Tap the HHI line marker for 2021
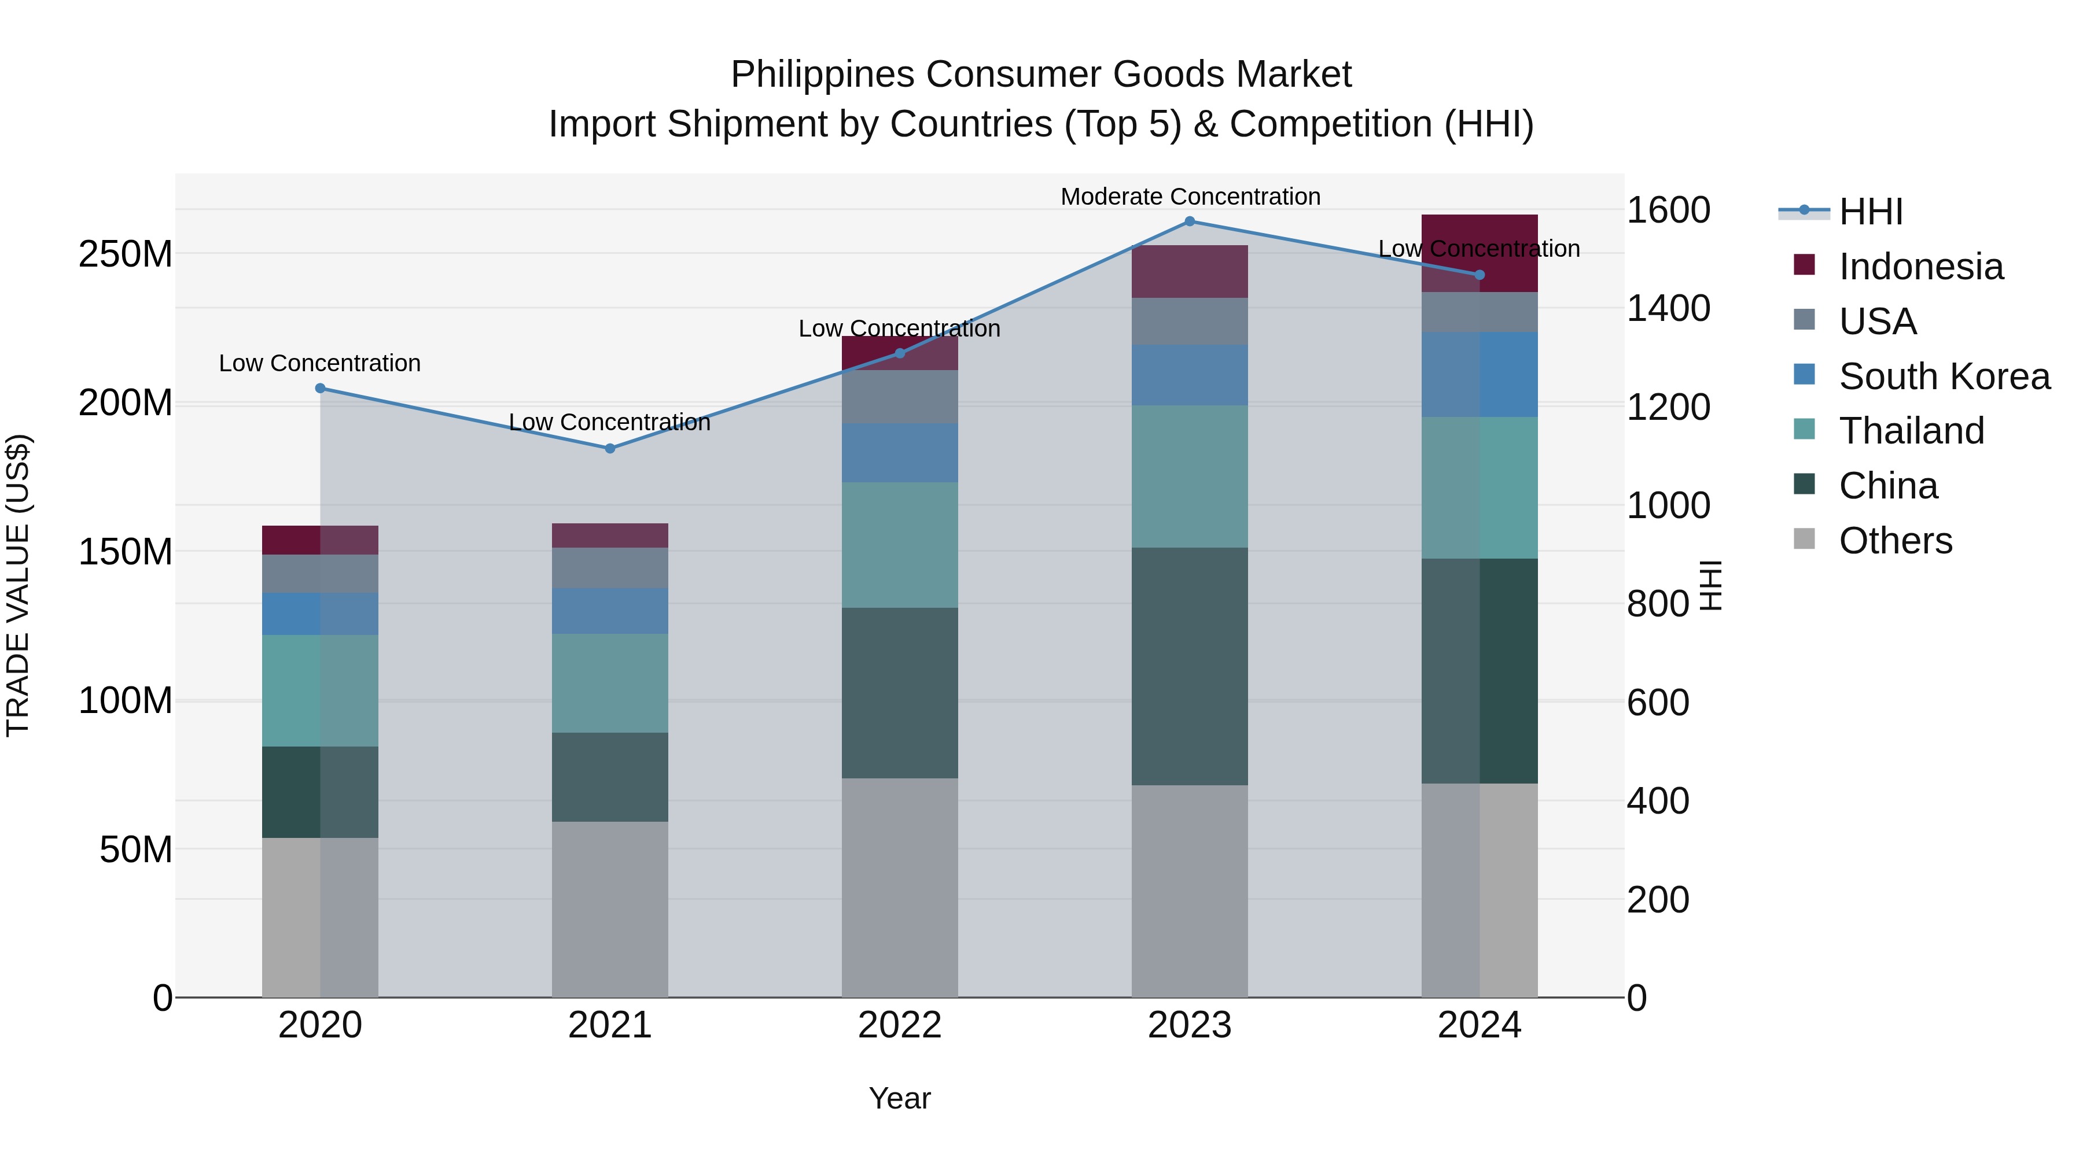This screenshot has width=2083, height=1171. pos(610,449)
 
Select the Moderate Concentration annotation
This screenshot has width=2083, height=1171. pos(1190,197)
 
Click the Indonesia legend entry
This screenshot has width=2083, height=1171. pos(1920,267)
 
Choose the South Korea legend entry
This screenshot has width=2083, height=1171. pos(1944,376)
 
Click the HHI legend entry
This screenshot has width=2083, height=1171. pos(1870,212)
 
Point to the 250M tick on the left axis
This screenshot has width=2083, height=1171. pos(126,254)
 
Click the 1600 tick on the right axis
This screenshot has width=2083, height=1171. pos(1668,210)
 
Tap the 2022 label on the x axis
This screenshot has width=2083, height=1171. pos(899,1025)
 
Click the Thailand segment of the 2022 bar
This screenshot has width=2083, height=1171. pos(899,545)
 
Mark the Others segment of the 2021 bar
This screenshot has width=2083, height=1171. pos(610,909)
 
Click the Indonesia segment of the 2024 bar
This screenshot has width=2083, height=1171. pos(1480,253)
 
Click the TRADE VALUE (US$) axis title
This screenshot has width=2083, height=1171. pos(18,585)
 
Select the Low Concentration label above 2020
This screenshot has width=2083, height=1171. pos(319,364)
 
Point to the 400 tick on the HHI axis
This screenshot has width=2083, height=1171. pos(1658,801)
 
